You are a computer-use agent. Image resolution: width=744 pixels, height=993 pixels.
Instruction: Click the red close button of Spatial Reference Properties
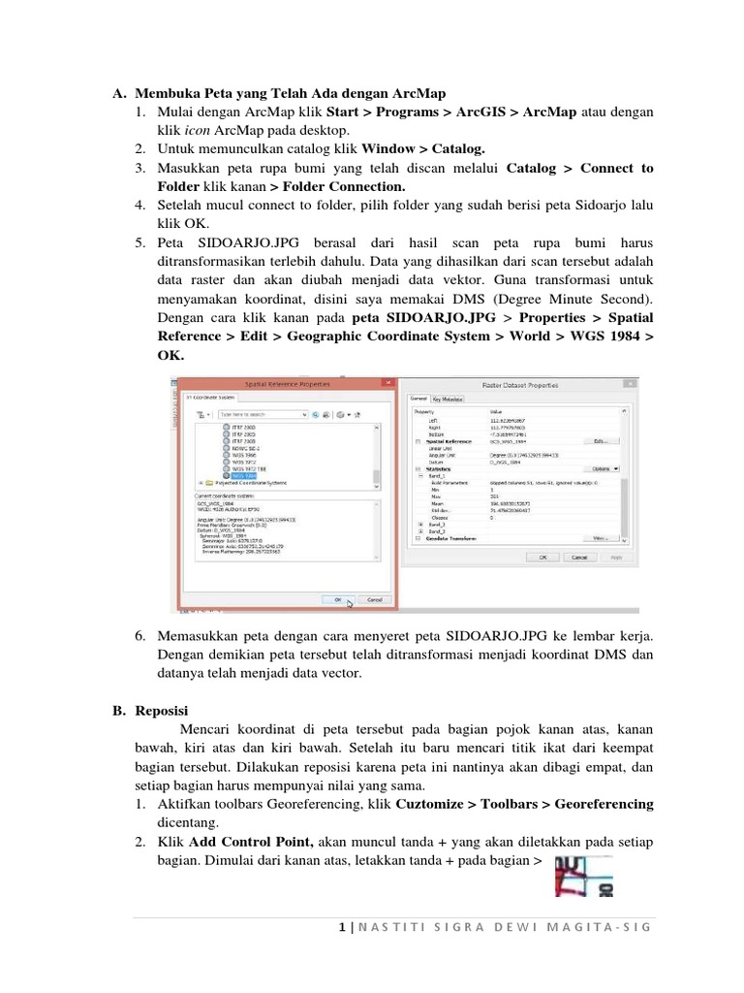387,384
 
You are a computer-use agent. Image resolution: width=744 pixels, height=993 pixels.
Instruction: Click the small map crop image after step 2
583,875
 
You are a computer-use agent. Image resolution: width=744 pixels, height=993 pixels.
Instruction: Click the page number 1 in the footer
343,927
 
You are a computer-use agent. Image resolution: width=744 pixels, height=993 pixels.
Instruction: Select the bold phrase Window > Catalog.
422,149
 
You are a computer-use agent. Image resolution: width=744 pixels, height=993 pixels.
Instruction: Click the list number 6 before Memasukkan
139,635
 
